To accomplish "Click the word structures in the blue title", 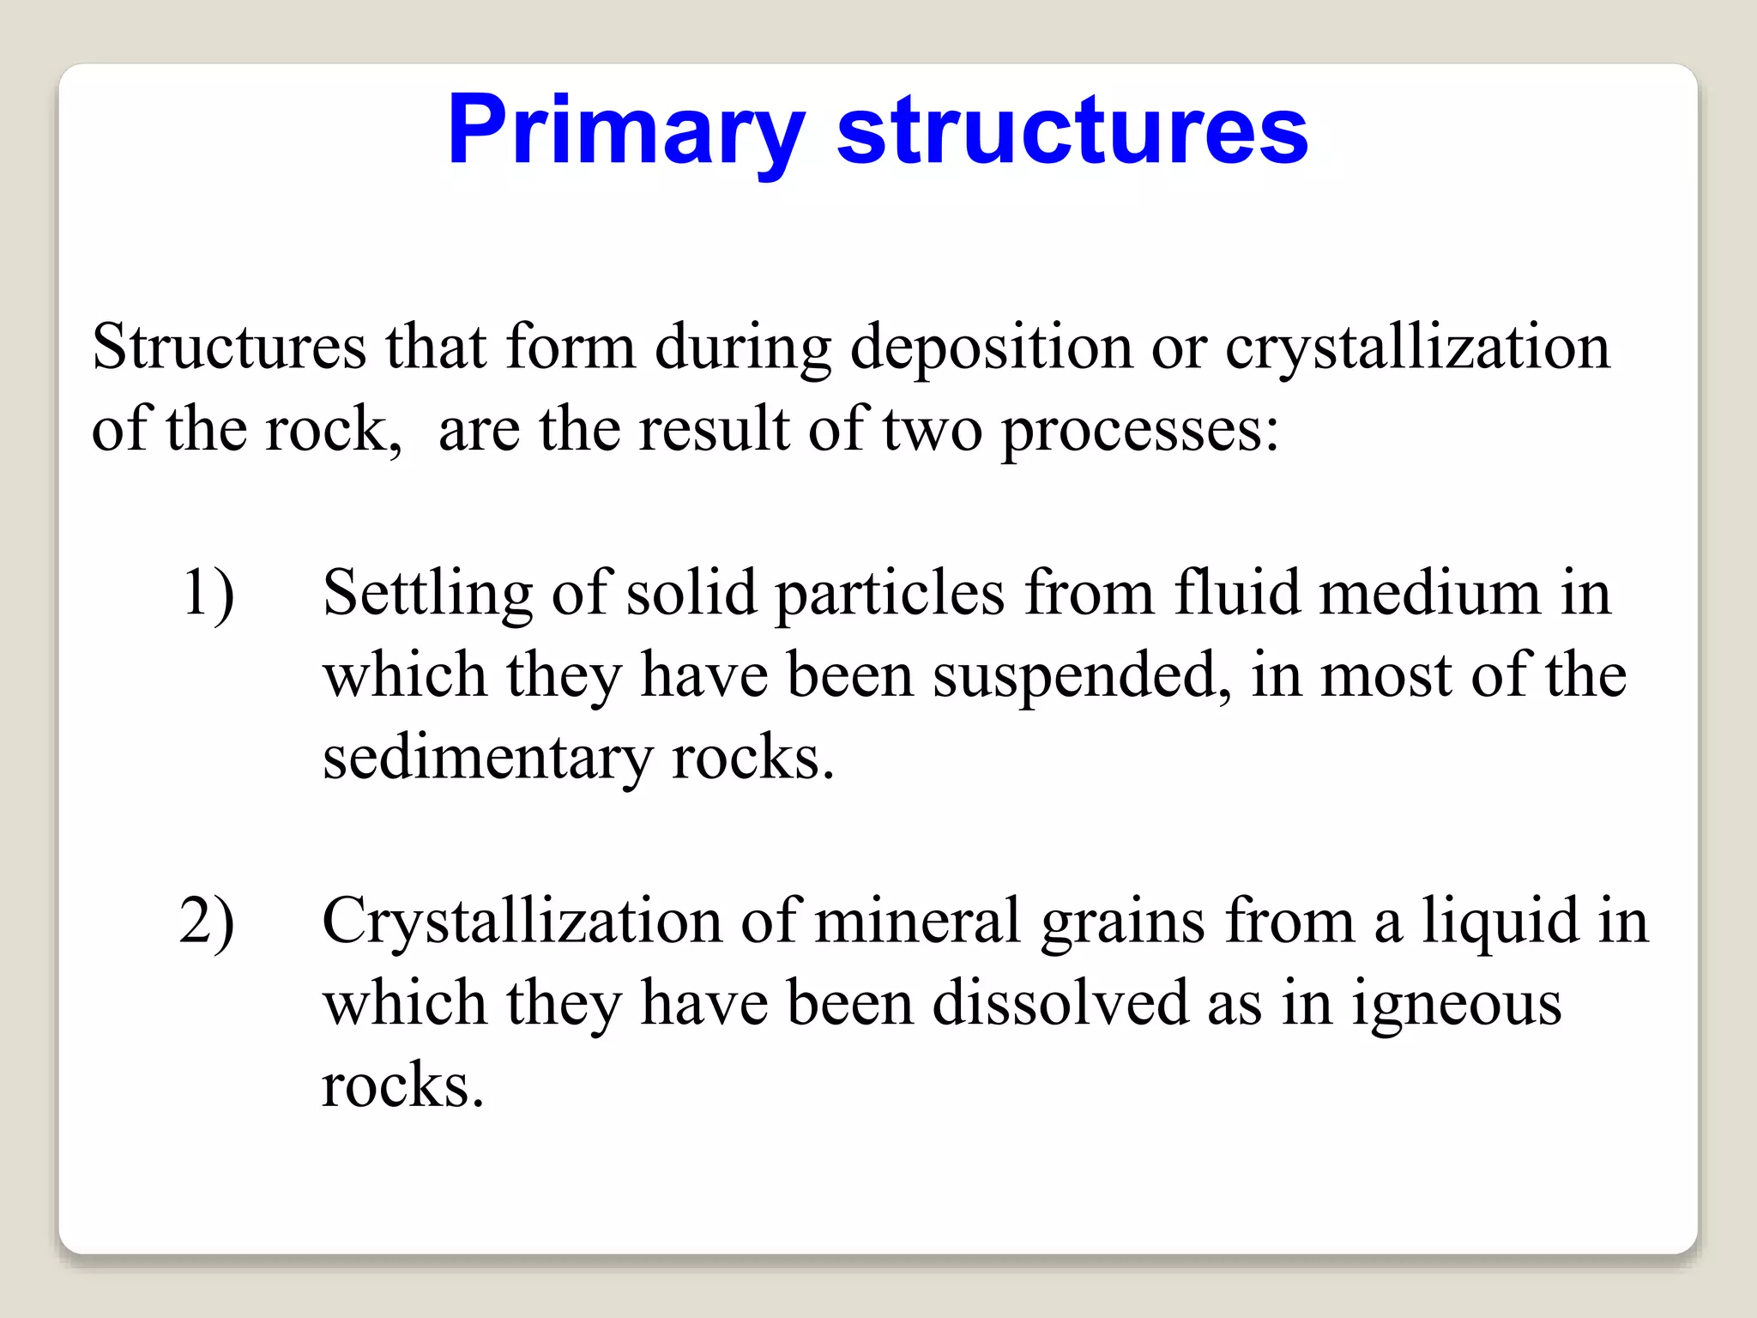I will click(1072, 130).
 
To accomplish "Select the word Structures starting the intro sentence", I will click(229, 347).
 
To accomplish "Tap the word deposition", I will click(991, 348).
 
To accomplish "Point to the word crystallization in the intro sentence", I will click(1416, 348).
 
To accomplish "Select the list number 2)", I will click(207, 922).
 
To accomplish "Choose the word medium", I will click(1430, 592).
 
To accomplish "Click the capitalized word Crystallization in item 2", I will click(521, 922).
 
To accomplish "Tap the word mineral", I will click(917, 920).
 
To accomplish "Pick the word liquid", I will click(1500, 922).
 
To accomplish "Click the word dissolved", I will click(1060, 1002).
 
